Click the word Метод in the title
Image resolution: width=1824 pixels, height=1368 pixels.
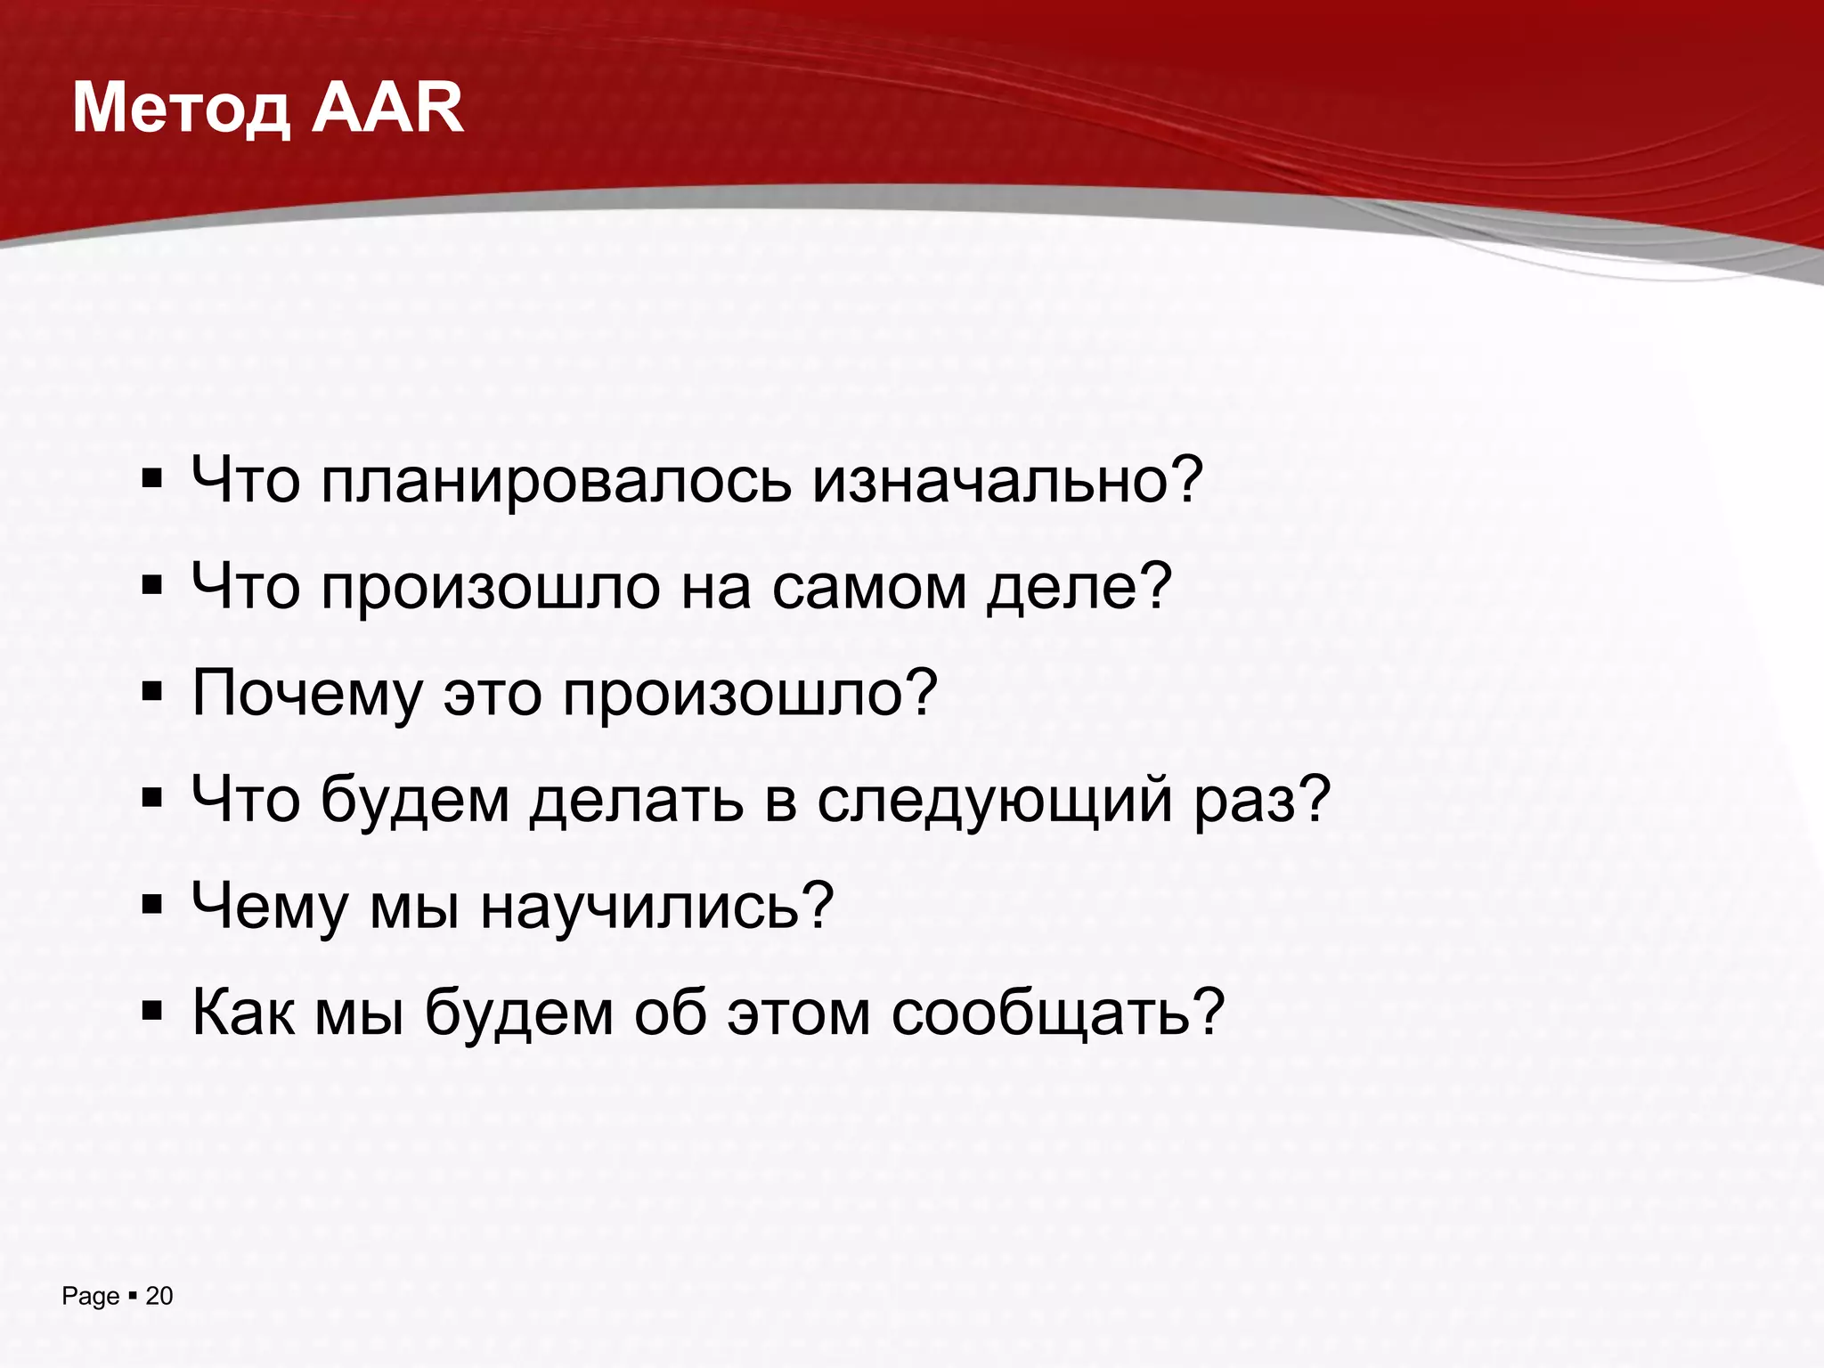(x=181, y=110)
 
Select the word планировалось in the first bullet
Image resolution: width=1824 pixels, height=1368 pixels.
(x=556, y=482)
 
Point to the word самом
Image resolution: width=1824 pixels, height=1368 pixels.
(x=868, y=588)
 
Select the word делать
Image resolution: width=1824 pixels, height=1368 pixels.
(x=636, y=801)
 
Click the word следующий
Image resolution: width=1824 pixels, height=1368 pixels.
(x=995, y=801)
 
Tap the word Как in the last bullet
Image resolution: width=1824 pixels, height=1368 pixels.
(x=243, y=1013)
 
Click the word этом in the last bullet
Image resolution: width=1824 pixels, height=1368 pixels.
(x=798, y=1013)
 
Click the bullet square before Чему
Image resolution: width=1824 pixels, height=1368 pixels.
(x=152, y=904)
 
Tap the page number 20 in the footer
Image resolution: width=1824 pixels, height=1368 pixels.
(x=159, y=1296)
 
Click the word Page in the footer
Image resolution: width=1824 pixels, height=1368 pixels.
(x=90, y=1297)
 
